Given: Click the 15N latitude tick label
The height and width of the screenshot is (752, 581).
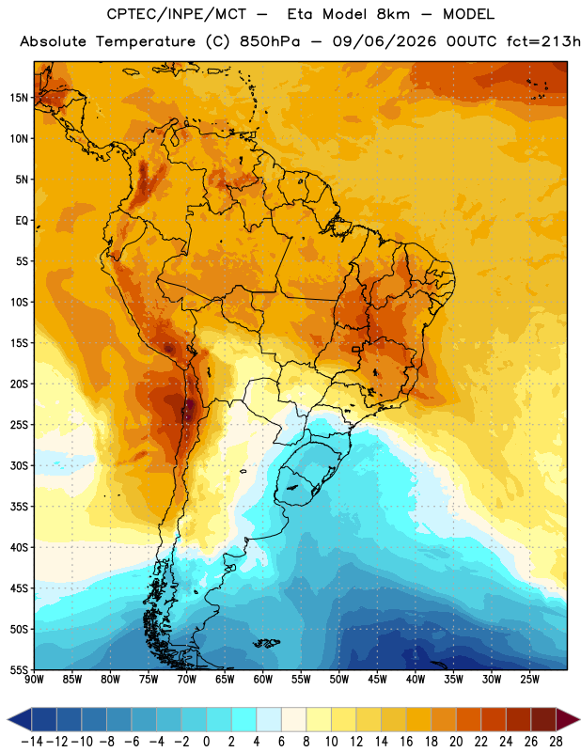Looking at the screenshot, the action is (x=19, y=98).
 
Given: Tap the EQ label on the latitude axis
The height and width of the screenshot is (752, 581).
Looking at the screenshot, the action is (x=22, y=221).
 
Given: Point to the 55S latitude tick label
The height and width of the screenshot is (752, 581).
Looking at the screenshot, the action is (x=19, y=669).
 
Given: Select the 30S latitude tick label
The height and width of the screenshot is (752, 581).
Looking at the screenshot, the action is (x=19, y=465).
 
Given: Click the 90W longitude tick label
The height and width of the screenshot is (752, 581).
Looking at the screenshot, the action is (x=34, y=679).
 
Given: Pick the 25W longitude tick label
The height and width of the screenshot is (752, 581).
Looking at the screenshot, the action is (x=529, y=679).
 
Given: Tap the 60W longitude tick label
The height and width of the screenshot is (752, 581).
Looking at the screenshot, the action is (x=263, y=679).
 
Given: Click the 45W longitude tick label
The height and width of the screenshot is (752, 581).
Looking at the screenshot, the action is (x=377, y=679).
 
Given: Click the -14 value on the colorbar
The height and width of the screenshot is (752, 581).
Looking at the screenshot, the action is (x=32, y=742).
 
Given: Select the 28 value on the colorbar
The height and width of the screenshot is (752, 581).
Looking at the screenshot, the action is (x=556, y=742).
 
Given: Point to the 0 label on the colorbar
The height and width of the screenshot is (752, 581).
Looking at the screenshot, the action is (x=206, y=742).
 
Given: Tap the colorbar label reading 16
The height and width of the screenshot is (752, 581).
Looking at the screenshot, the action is (x=406, y=742).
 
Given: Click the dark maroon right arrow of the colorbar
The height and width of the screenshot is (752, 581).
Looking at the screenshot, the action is (x=568, y=719).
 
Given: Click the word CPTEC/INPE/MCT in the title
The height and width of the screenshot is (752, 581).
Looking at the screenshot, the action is (x=176, y=14).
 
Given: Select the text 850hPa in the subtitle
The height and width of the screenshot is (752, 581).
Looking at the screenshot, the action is (x=270, y=41).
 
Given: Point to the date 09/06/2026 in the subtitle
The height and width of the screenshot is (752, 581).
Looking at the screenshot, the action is (x=385, y=41).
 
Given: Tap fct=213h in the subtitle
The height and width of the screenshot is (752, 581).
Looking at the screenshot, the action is (x=543, y=41).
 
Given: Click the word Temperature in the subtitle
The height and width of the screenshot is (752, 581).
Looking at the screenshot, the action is (x=146, y=42).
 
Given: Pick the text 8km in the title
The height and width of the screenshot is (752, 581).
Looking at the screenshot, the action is (x=393, y=14).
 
